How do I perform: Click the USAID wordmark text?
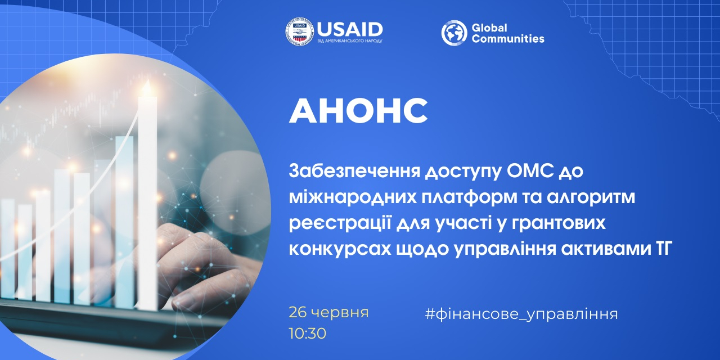(350, 29)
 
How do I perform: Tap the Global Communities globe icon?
(454, 33)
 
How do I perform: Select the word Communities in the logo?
(508, 39)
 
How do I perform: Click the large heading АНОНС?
(358, 110)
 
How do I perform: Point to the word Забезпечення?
(354, 172)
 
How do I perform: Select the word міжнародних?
(353, 197)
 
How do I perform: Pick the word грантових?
(559, 224)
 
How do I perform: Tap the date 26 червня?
(328, 312)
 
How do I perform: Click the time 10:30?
(307, 334)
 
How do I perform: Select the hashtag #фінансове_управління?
(521, 314)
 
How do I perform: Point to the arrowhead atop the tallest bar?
(147, 87)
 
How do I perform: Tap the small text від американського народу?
(350, 41)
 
